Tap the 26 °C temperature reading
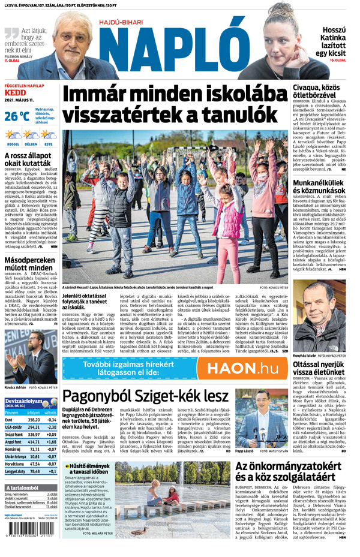click(x=16, y=117)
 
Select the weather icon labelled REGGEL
click(x=13, y=136)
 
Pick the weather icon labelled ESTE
click(x=48, y=136)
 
